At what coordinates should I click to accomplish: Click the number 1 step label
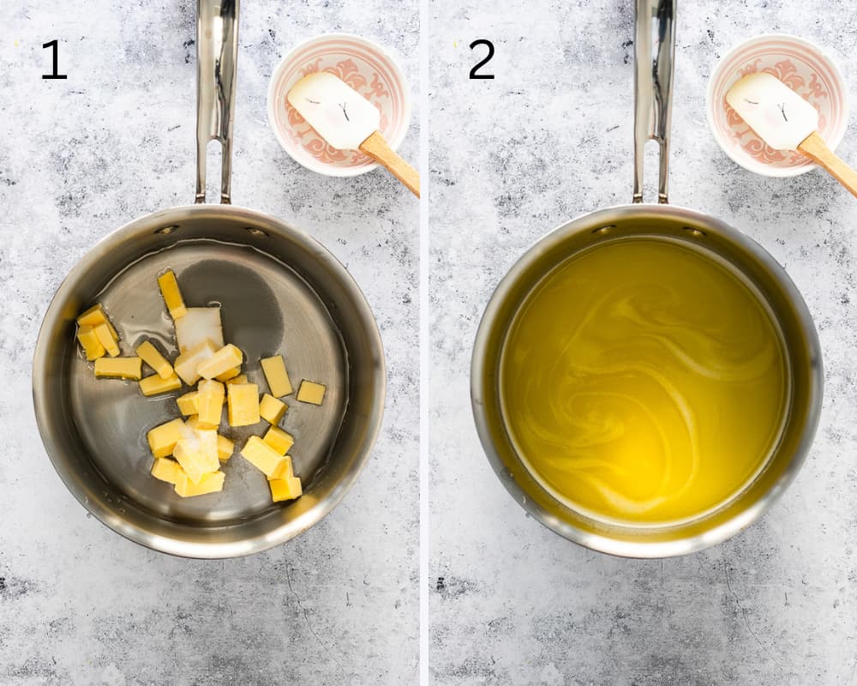pos(54,60)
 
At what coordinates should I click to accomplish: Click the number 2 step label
pos(482,60)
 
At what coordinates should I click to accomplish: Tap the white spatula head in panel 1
pos(333,110)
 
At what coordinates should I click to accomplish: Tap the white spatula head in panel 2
pos(772,111)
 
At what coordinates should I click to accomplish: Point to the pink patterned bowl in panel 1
pos(339,104)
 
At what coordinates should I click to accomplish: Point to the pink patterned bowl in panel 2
pos(777,104)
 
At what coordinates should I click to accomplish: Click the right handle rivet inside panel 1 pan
pos(256,232)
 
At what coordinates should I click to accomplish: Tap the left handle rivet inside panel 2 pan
pos(604,230)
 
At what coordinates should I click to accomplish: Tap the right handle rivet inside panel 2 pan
pos(693,232)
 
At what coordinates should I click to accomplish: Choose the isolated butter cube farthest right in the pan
pos(311,392)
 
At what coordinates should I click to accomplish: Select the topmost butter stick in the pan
pos(171,294)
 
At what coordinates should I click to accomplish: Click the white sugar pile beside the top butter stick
pos(200,326)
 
